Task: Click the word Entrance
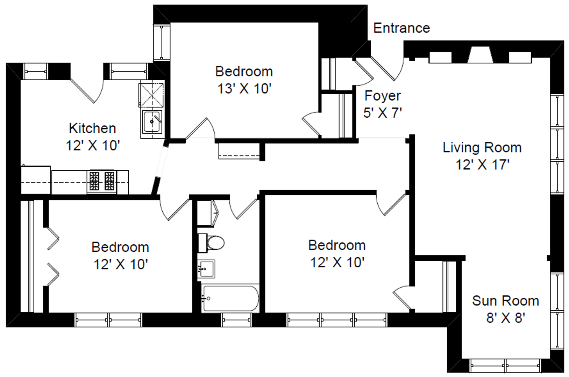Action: (401, 28)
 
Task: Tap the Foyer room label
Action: (383, 96)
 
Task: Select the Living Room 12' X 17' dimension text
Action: (482, 164)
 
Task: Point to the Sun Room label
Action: (505, 301)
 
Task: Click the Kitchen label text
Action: (92, 128)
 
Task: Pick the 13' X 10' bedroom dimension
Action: (244, 89)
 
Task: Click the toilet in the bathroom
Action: (211, 243)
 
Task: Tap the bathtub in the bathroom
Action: (230, 298)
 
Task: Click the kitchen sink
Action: (152, 122)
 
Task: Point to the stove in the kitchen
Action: (102, 181)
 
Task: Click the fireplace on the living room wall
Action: (480, 55)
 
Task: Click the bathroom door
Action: (244, 209)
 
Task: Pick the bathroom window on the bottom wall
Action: (236, 320)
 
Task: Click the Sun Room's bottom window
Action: (505, 365)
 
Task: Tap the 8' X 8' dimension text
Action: (505, 318)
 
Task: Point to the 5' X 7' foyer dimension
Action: (383, 113)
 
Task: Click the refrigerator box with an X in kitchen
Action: (151, 95)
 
